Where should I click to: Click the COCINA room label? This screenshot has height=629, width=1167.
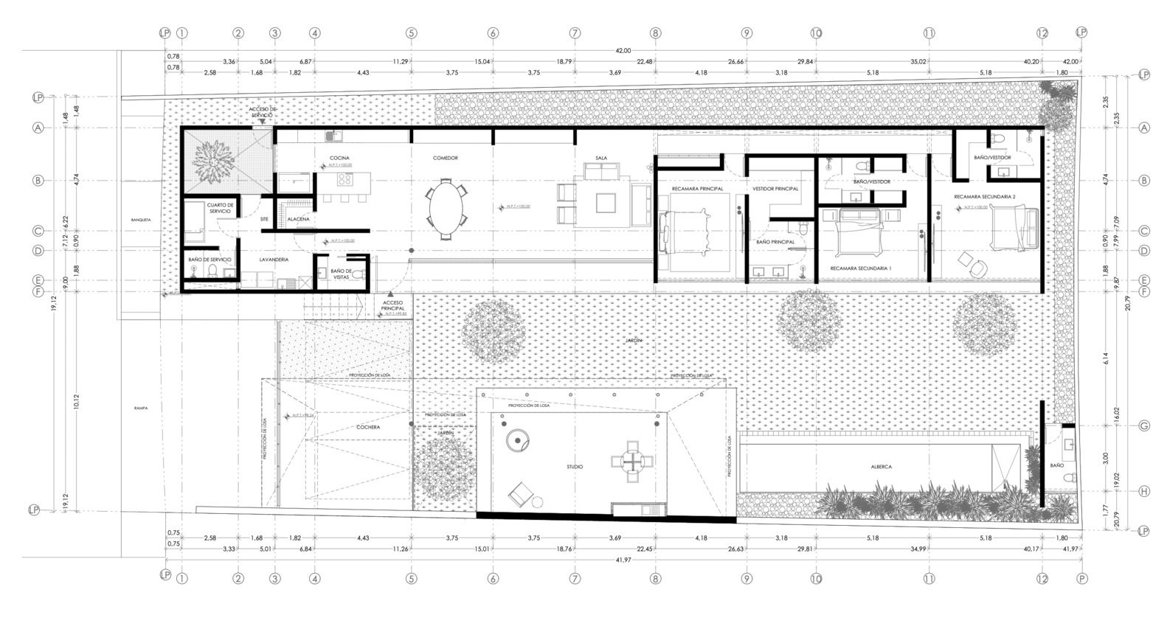(x=339, y=158)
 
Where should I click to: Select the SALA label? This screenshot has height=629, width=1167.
(x=601, y=158)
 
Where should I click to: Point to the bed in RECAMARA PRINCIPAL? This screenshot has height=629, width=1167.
(x=686, y=230)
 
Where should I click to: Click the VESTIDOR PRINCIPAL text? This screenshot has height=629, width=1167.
(x=775, y=189)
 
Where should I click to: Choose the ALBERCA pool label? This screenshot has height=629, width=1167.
(x=881, y=467)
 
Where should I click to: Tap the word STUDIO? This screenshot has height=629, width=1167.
(x=575, y=467)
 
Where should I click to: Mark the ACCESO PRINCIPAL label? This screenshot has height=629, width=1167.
(x=393, y=305)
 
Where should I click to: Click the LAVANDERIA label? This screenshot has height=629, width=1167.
(x=274, y=260)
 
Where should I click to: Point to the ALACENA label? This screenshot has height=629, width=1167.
(x=299, y=219)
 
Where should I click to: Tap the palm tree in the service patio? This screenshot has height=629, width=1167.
(x=213, y=161)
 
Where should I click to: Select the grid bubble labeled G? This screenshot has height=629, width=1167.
(x=1144, y=426)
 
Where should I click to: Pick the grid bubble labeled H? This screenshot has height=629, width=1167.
(x=1144, y=491)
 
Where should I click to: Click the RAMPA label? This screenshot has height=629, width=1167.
(x=142, y=408)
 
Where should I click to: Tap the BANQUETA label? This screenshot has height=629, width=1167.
(x=141, y=220)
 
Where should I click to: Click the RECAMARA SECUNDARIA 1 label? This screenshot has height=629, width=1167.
(x=861, y=268)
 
